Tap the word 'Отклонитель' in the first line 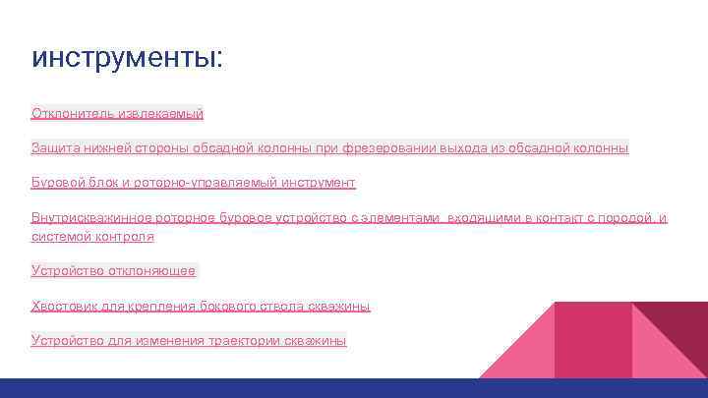click(x=70, y=114)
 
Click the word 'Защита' click(x=55, y=148)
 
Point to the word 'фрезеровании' click(x=384, y=148)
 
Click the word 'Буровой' click(x=57, y=183)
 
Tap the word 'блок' click(x=103, y=183)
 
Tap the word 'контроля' click(x=128, y=237)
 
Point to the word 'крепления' click(x=162, y=307)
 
